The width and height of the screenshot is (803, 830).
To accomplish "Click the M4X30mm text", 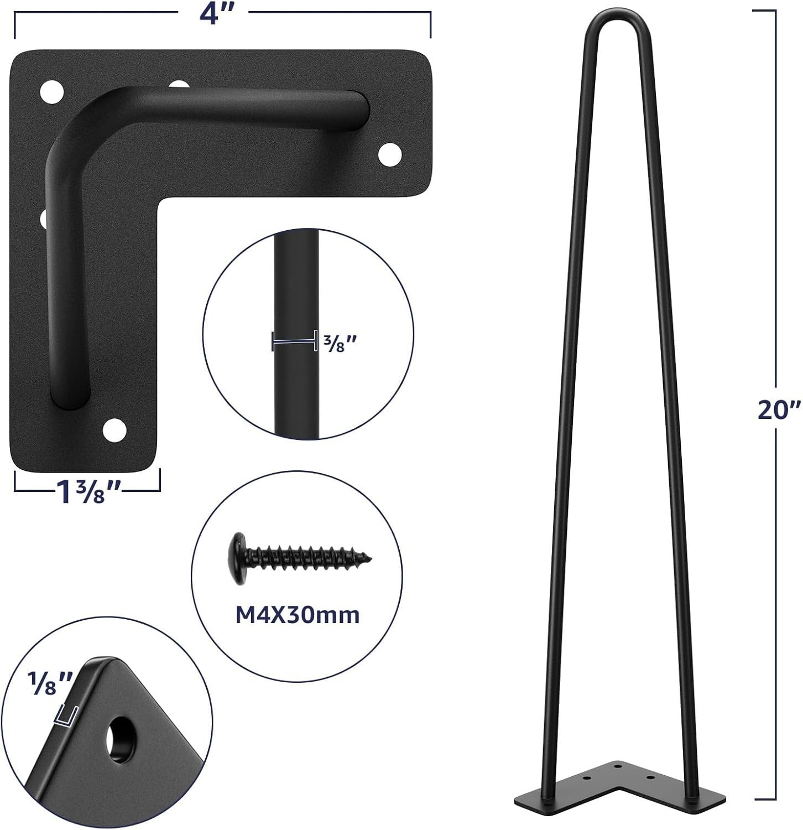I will click(x=298, y=615).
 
